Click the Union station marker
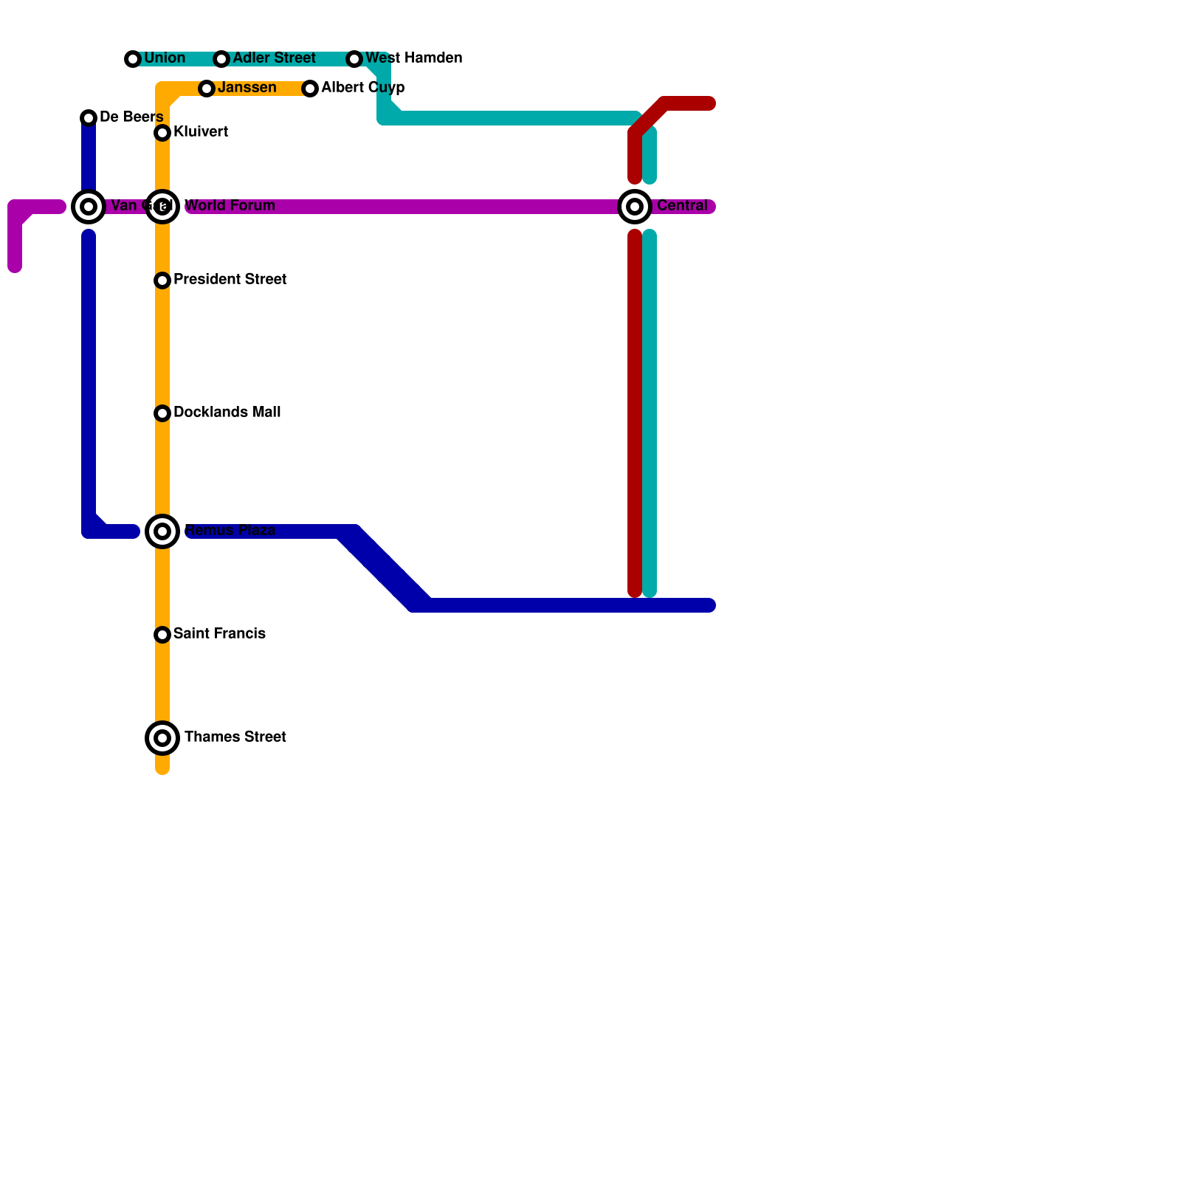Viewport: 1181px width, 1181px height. [133, 59]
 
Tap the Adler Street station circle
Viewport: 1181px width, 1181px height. [221, 59]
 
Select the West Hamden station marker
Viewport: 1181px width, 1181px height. [354, 59]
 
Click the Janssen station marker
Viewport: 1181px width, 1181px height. [207, 89]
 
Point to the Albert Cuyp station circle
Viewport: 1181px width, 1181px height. [310, 89]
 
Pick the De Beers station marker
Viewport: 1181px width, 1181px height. [89, 118]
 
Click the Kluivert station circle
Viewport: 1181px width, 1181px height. [162, 133]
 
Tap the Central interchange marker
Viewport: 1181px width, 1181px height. [635, 207]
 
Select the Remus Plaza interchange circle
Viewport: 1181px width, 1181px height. [162, 531]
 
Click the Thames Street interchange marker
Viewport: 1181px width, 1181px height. [162, 738]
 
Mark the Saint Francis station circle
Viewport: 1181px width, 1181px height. [162, 635]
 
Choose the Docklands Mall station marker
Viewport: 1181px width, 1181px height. [162, 413]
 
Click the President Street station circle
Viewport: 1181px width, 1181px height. [162, 280]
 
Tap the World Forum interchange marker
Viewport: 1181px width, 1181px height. [162, 207]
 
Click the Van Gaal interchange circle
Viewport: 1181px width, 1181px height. [89, 207]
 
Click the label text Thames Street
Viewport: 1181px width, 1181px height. [235, 737]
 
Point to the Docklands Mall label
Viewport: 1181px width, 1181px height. [227, 413]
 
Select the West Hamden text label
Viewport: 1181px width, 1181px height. [413, 58]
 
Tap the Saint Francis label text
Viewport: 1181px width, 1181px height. [219, 634]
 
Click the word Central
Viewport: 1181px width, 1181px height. [682, 206]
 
